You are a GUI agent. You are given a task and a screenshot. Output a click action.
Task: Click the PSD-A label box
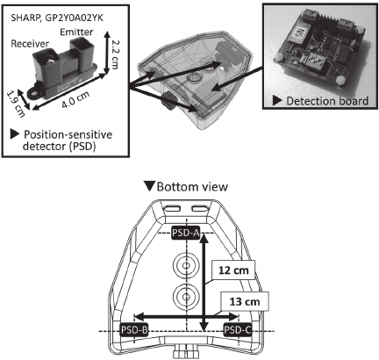[186, 233]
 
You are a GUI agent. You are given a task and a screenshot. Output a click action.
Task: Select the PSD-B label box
[134, 330]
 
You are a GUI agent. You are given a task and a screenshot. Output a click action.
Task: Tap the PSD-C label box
[238, 330]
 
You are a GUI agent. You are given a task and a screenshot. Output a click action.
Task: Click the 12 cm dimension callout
[234, 270]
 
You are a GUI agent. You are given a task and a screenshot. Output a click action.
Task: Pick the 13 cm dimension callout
[245, 301]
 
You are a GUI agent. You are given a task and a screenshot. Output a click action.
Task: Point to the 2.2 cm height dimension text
[113, 54]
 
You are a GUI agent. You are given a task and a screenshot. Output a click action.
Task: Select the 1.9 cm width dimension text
[15, 104]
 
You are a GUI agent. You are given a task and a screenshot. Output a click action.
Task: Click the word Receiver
[30, 44]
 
